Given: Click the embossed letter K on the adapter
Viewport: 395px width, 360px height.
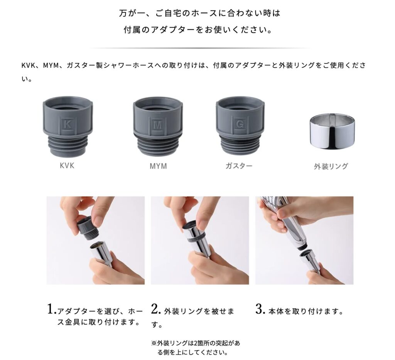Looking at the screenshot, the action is coord(67,124).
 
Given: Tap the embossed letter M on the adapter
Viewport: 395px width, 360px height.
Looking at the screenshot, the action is coord(157,125).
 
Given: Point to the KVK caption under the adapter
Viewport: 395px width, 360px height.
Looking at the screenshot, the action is coord(67,165).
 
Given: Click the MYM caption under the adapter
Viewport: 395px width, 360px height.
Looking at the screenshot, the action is coord(158,166).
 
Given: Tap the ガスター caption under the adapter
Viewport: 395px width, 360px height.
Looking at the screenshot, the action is coord(239,166).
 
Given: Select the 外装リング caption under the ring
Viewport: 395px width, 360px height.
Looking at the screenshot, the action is coord(331,166).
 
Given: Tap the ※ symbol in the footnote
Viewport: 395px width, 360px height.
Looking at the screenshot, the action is coord(154,343).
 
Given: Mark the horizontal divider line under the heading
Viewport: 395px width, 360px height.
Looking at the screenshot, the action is coord(199,48).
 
